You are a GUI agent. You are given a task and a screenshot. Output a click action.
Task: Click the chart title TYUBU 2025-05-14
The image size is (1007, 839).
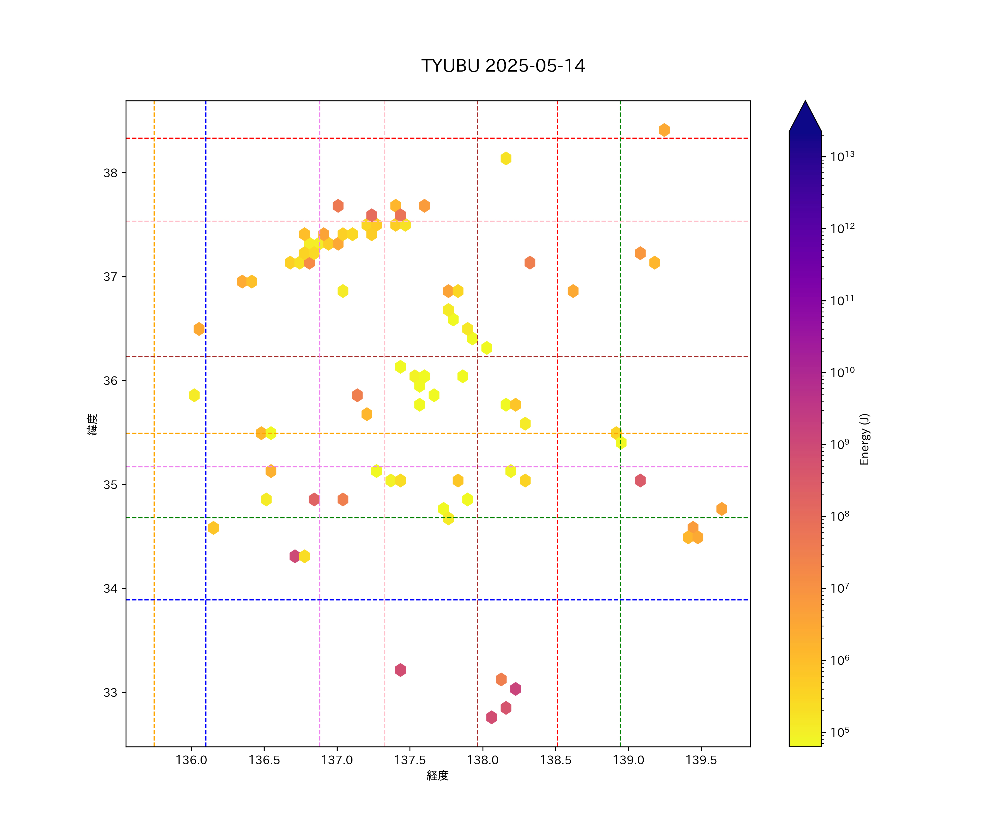coord(503,66)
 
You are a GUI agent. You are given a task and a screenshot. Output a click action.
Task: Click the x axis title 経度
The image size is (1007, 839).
coord(437,776)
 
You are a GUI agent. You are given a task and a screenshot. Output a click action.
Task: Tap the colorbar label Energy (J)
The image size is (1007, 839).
coord(864,439)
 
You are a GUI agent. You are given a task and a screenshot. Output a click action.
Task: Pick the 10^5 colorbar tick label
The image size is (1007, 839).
coord(840,732)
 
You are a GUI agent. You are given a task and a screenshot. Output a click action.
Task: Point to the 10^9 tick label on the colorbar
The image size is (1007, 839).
coord(840,444)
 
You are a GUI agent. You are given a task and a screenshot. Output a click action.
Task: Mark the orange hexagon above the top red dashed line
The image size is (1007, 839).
coord(664,130)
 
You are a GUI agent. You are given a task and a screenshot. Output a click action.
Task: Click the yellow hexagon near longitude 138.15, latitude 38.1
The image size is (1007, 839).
coord(506,158)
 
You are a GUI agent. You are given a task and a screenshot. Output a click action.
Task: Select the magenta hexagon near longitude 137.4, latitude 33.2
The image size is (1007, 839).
coord(400,670)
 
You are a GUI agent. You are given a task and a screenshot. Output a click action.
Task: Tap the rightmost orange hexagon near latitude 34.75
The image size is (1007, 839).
coord(722,509)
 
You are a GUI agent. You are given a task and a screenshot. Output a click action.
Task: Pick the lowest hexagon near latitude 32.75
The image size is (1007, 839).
coord(491,717)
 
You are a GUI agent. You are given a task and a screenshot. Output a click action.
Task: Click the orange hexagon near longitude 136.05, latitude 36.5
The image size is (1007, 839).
coord(199,329)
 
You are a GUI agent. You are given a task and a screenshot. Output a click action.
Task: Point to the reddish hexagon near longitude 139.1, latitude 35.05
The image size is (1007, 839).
coord(640,480)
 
